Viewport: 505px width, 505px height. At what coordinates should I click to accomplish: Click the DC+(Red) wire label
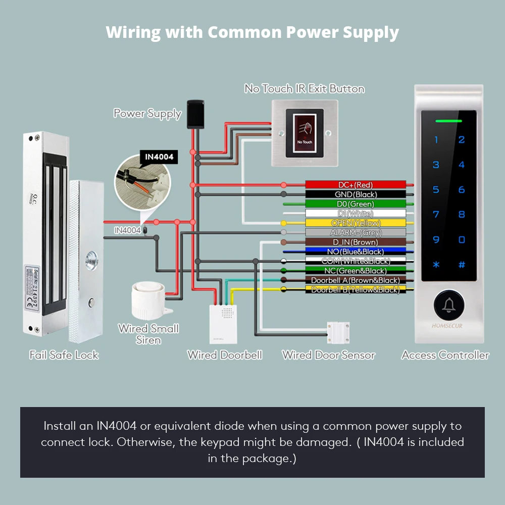[x=356, y=185]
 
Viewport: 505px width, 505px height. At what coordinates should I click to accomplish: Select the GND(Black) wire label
[x=356, y=194]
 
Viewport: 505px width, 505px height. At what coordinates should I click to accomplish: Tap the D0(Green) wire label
[x=356, y=204]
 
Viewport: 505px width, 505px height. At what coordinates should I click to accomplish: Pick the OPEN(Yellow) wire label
[x=356, y=223]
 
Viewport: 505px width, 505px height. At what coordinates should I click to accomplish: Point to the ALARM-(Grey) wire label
[x=356, y=233]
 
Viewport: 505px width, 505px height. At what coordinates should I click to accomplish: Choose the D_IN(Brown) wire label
[x=356, y=242]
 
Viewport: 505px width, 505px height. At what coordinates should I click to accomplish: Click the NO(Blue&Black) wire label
[x=356, y=251]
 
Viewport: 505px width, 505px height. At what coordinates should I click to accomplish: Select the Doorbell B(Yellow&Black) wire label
[x=356, y=290]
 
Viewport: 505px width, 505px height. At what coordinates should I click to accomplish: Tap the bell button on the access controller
[x=447, y=305]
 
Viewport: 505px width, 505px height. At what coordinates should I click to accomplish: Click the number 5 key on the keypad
[x=436, y=190]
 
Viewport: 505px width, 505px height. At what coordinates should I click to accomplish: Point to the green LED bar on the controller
[x=449, y=121]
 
